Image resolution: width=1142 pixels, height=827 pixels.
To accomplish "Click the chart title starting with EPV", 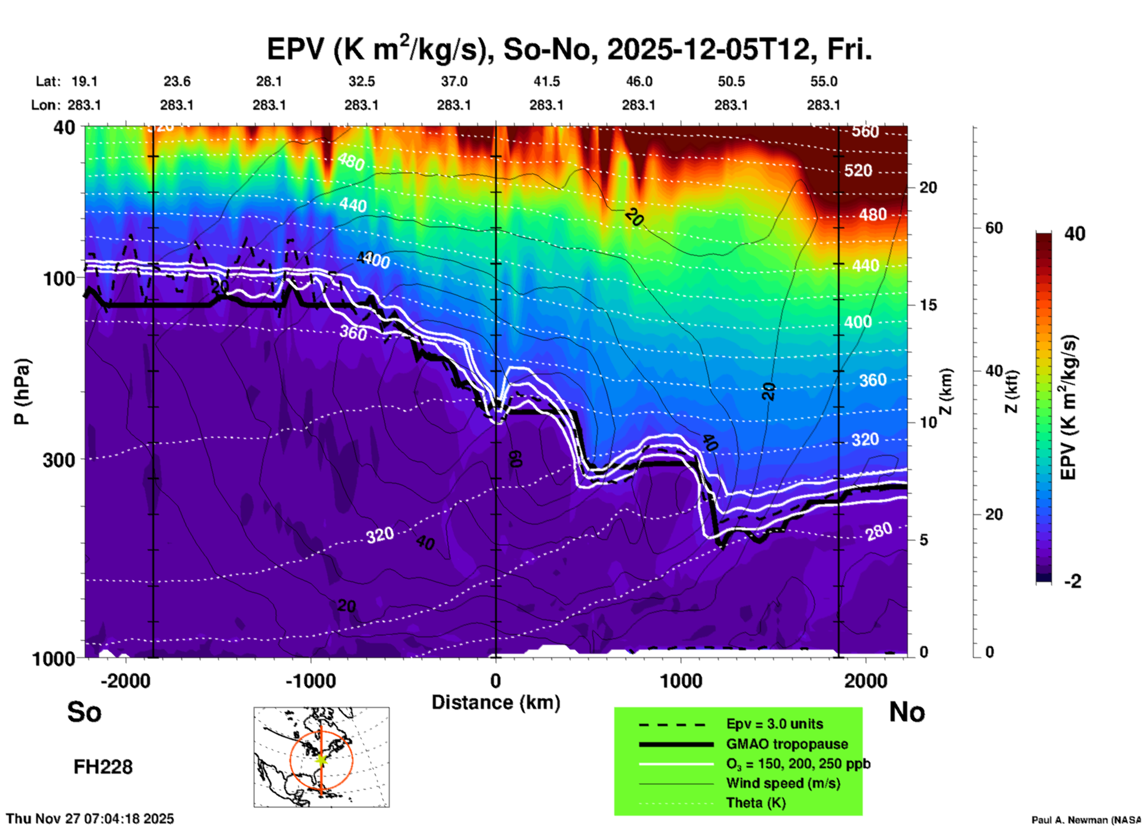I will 569,49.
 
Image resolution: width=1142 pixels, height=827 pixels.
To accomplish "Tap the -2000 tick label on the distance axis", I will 125,681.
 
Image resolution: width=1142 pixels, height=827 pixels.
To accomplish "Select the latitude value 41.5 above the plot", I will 546,81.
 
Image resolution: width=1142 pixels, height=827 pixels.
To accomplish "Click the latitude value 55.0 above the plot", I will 824,81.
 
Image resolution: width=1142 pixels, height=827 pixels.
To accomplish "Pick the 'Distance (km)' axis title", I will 496,702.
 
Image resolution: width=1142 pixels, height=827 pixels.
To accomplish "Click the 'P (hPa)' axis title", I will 22,392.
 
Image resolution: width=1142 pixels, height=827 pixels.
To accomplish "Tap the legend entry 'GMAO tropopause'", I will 787,744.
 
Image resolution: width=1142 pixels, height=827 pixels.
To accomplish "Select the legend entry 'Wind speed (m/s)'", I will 783,783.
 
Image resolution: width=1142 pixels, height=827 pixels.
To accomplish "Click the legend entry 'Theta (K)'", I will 755,803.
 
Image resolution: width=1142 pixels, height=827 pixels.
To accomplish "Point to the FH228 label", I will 103,767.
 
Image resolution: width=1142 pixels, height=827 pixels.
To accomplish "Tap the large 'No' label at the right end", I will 907,712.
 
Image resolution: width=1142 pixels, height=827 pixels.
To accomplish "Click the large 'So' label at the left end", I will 84,712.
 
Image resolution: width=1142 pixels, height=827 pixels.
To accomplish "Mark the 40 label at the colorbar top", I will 1074,234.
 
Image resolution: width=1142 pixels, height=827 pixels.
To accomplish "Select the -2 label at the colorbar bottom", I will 1073,581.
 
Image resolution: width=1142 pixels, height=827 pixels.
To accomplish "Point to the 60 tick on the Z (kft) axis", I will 994,228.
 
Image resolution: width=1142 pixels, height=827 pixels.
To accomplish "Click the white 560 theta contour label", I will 865,132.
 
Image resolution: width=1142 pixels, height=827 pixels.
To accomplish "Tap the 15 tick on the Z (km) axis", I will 928,305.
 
